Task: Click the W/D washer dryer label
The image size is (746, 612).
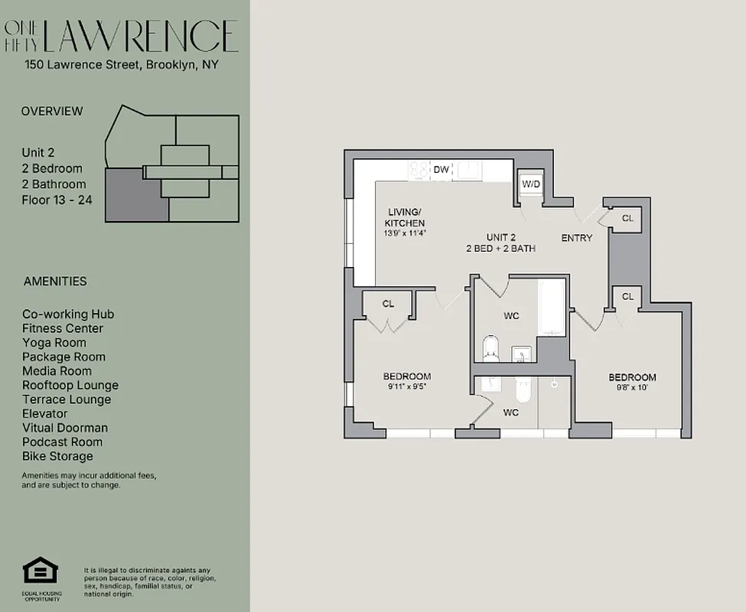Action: pyautogui.click(x=531, y=184)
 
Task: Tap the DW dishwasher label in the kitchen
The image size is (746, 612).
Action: pyautogui.click(x=441, y=170)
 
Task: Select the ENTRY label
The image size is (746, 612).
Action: pyautogui.click(x=576, y=238)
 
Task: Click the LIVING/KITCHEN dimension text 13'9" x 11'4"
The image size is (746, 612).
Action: pyautogui.click(x=405, y=233)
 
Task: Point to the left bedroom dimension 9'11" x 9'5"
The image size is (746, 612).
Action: pyautogui.click(x=406, y=387)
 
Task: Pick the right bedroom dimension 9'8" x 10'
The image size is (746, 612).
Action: pyautogui.click(x=632, y=388)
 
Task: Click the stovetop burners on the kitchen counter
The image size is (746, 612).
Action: pyautogui.click(x=419, y=170)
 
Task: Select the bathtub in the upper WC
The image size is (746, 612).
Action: pyautogui.click(x=552, y=308)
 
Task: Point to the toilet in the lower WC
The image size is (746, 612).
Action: pyautogui.click(x=523, y=391)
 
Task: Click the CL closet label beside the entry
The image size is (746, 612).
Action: pyautogui.click(x=627, y=219)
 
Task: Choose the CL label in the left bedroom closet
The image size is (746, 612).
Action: pyautogui.click(x=388, y=304)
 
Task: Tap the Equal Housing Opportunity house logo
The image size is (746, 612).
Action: pyautogui.click(x=41, y=571)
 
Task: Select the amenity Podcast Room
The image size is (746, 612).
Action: pyautogui.click(x=62, y=442)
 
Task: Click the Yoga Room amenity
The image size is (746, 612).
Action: pyautogui.click(x=54, y=343)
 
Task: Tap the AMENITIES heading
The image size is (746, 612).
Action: pyautogui.click(x=55, y=282)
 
